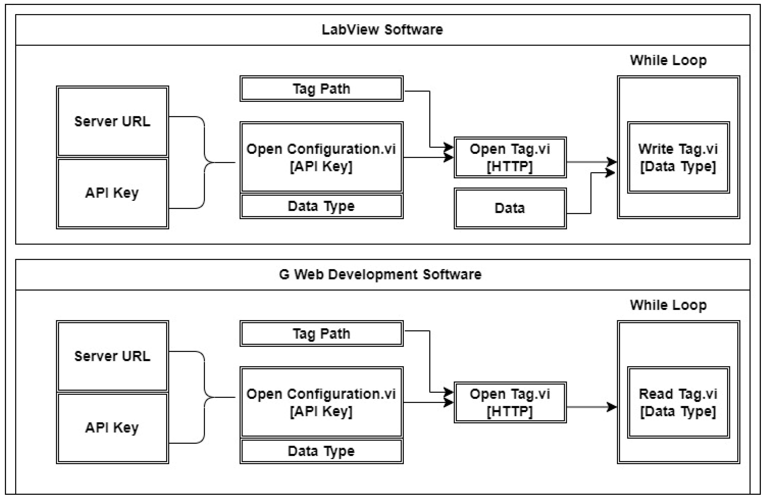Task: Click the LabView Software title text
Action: tap(382, 30)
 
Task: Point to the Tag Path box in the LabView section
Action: tap(321, 89)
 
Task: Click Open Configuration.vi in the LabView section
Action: tap(321, 158)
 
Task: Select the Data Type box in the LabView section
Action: tap(321, 206)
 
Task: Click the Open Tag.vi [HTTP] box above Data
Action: tap(510, 158)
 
